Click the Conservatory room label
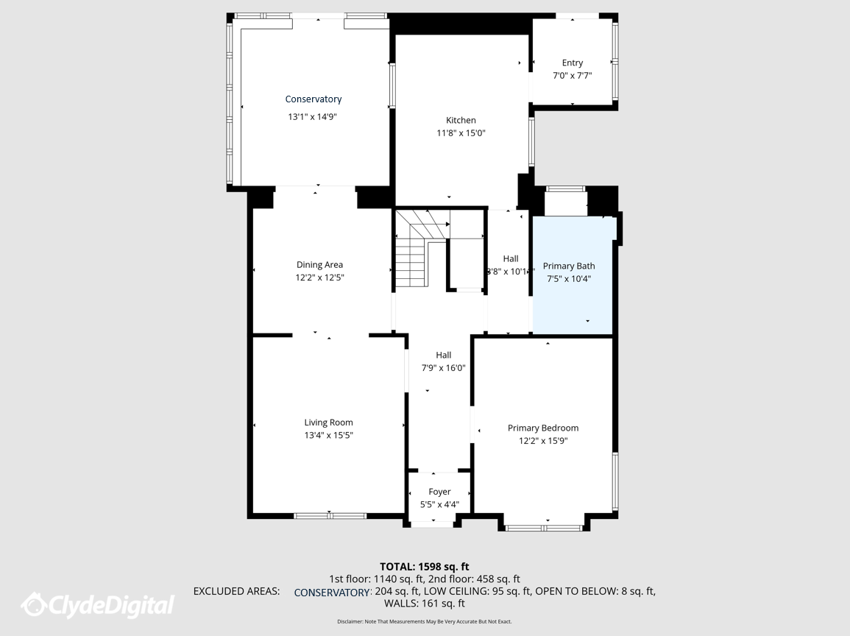tap(314, 99)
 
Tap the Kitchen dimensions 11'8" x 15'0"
tap(461, 132)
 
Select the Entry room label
tap(573, 63)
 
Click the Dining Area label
tap(319, 264)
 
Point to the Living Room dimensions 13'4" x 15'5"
tap(328, 435)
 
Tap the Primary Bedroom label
tap(543, 428)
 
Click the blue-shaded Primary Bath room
tap(573, 275)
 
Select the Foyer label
tap(439, 492)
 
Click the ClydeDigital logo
tap(98, 605)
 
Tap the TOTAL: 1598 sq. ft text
tap(425, 567)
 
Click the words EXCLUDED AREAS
tap(237, 591)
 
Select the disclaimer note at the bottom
tap(425, 622)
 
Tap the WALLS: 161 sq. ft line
tap(425, 603)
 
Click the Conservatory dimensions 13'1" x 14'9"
tap(312, 116)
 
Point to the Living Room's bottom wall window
tap(330, 515)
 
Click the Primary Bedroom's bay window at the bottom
tap(544, 528)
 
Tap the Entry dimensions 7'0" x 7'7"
tap(573, 76)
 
